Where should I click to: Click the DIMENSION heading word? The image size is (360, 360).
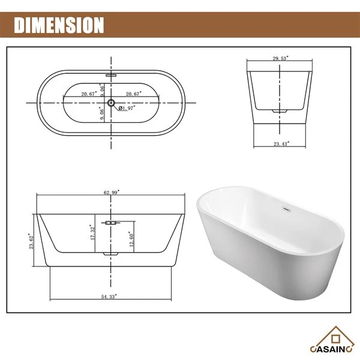point(59,25)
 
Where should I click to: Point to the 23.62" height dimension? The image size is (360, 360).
point(31,241)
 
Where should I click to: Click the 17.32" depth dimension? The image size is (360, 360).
point(92,232)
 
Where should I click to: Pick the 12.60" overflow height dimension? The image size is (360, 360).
point(131,239)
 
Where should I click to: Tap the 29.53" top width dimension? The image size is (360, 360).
point(280,58)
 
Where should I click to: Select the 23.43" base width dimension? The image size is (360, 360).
point(281,144)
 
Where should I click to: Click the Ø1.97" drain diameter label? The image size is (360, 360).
point(127,108)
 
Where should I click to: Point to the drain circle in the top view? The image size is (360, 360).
point(111,103)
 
